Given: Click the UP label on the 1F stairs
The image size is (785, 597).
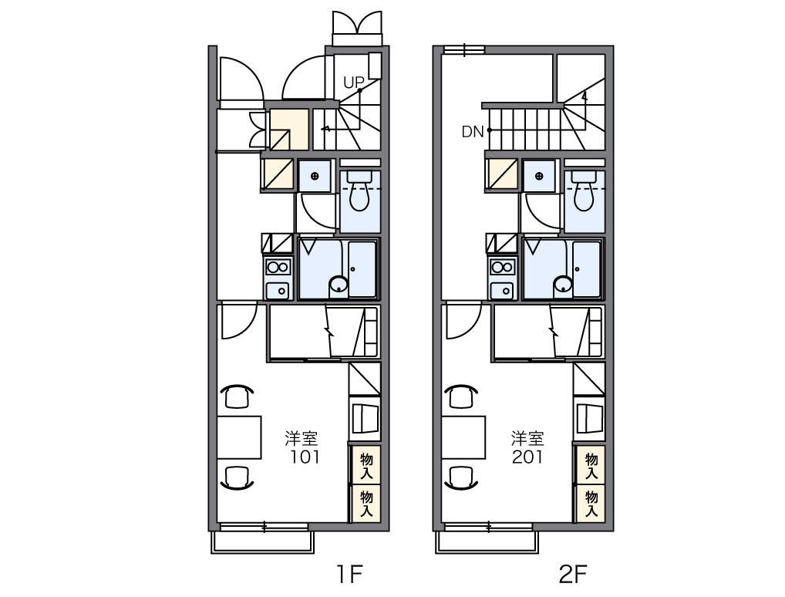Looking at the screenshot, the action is [353, 82].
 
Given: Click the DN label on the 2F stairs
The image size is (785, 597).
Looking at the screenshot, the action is [473, 132].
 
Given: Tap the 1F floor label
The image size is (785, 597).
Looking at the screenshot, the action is [349, 574].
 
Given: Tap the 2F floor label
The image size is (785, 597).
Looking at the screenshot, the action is [573, 574].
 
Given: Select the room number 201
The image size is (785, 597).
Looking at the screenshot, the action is [528, 457].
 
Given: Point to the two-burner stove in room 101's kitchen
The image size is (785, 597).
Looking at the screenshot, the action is [278, 267].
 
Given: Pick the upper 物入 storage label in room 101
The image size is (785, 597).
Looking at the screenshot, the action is [366, 467].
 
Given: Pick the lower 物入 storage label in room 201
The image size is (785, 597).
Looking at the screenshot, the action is [591, 504].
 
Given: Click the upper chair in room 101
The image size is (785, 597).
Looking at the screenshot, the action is [237, 396].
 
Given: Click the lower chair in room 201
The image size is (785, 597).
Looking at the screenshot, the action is [461, 477].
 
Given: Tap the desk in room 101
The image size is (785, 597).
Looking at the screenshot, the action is [239, 437].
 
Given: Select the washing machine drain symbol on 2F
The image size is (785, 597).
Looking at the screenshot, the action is [539, 176].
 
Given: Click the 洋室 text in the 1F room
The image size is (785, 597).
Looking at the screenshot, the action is [302, 439].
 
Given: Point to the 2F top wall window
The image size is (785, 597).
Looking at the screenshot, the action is [464, 49].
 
